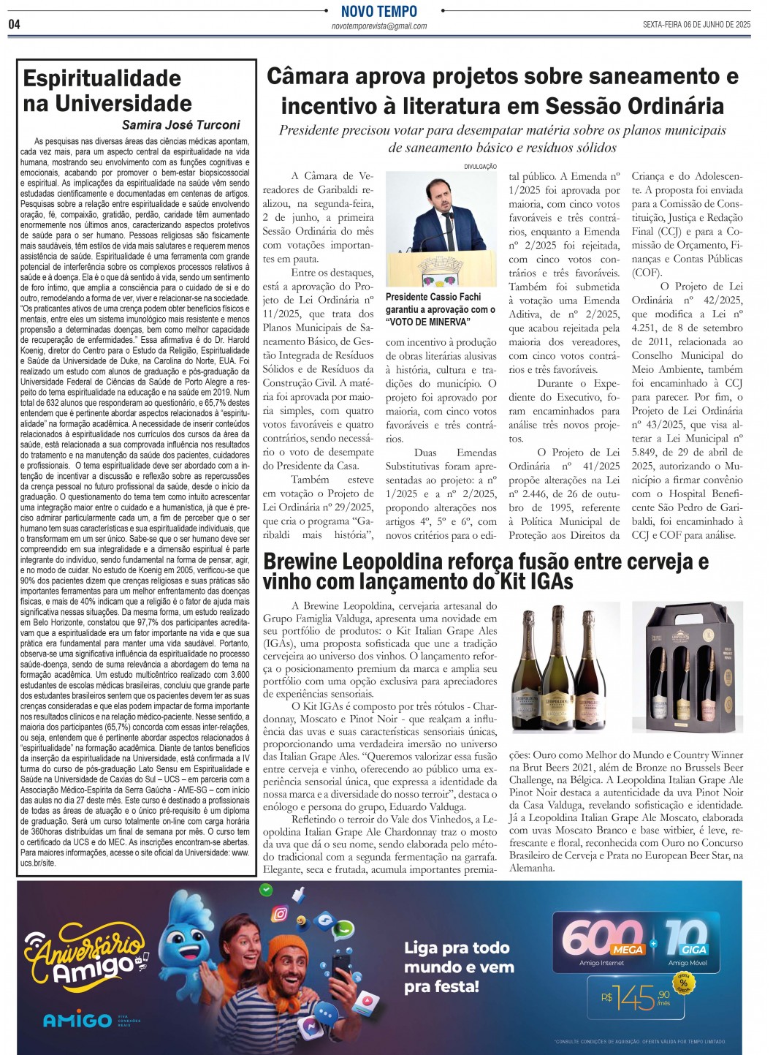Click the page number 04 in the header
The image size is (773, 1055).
click(15, 24)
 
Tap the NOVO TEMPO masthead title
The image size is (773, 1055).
click(378, 11)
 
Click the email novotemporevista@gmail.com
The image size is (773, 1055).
click(378, 26)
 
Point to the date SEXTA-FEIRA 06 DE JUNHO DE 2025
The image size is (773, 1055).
click(696, 24)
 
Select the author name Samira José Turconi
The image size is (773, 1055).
click(180, 125)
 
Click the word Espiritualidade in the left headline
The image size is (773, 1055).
click(102, 78)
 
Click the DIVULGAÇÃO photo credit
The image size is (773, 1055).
click(480, 167)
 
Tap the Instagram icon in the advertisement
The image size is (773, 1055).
click(280, 914)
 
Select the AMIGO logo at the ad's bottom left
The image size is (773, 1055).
click(77, 1020)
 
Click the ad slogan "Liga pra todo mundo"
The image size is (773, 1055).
click(458, 957)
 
